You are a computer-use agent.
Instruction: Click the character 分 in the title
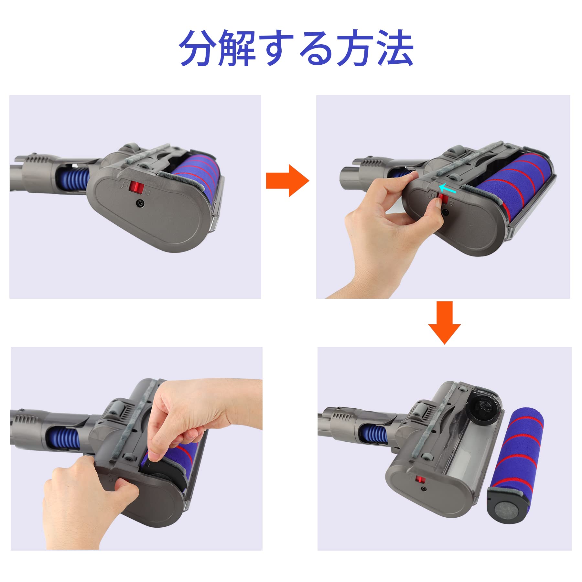click(198, 48)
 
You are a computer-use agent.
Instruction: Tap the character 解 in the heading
click(237, 48)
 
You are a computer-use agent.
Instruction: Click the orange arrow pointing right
click(287, 180)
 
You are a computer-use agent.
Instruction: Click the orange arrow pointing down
click(444, 322)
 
